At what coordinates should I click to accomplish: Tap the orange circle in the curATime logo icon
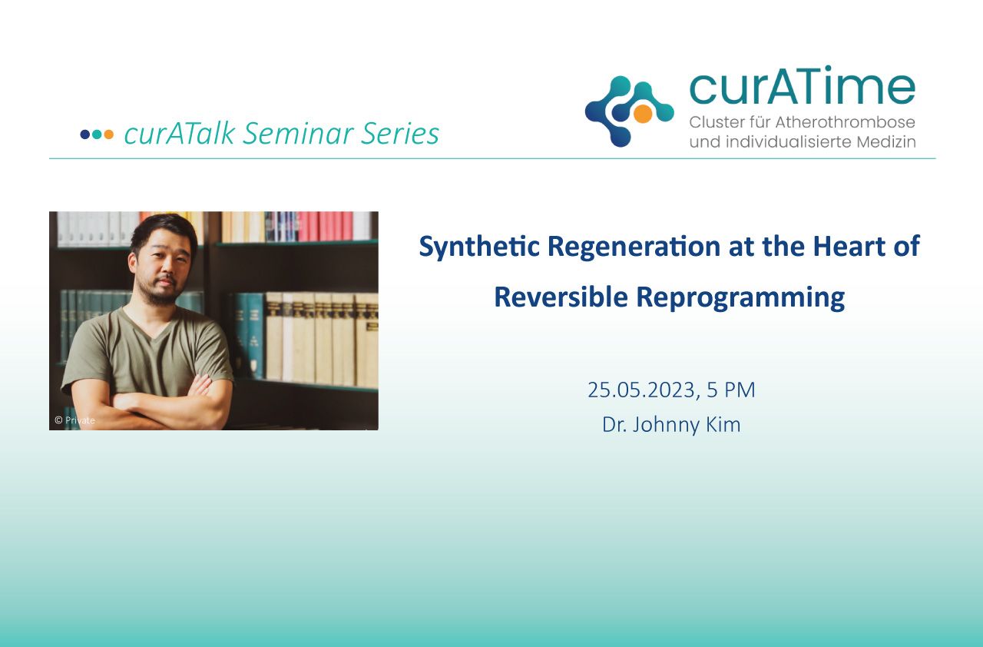pyautogui.click(x=643, y=113)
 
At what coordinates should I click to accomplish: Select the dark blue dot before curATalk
pyautogui.click(x=85, y=134)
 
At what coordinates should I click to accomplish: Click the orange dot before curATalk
pyautogui.click(x=108, y=134)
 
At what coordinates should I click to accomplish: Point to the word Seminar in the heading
pyautogui.click(x=297, y=133)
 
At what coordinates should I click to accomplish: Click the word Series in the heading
pyautogui.click(x=400, y=133)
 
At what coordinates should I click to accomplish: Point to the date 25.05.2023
pyautogui.click(x=641, y=390)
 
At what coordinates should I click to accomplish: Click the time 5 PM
pyautogui.click(x=730, y=390)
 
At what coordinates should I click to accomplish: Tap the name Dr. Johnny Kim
pyautogui.click(x=671, y=425)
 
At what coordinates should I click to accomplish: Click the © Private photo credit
pyautogui.click(x=74, y=420)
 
